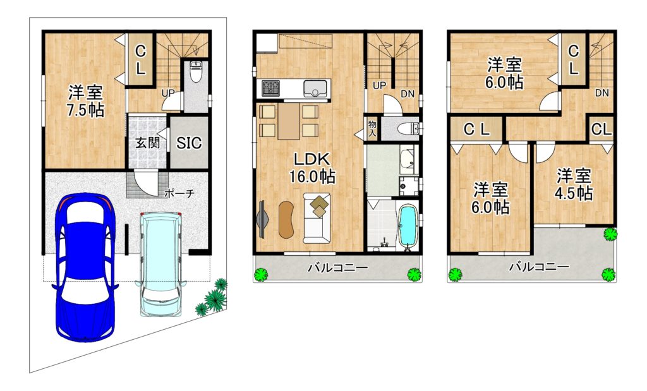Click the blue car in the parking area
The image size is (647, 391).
click(85, 267)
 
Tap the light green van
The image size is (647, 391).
click(161, 264)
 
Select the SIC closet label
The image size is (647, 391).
click(189, 143)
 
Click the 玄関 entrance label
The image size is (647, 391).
click(148, 143)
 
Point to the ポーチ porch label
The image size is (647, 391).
click(179, 193)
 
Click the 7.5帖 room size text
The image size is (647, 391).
click(85, 111)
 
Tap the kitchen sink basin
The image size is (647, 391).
click(315, 88)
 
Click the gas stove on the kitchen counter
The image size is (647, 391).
click(270, 87)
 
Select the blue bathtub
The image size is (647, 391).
click(408, 226)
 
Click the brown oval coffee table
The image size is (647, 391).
click(286, 219)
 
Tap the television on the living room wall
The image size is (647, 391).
click(262, 219)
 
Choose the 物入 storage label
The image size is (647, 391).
click(372, 129)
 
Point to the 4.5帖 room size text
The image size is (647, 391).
click(574, 193)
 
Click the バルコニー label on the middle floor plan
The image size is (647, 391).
click(337, 268)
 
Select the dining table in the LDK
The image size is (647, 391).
click(288, 121)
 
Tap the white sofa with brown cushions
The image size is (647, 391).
click(317, 218)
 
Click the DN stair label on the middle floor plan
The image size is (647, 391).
click(408, 94)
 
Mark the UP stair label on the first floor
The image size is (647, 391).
click(168, 93)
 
